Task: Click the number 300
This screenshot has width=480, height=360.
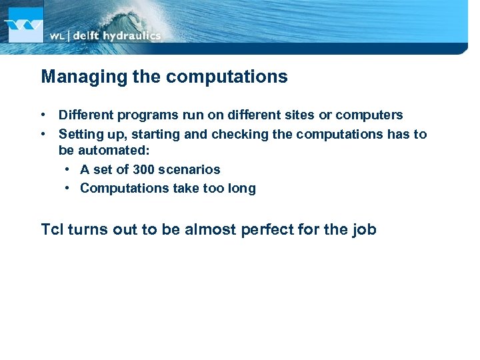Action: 145,170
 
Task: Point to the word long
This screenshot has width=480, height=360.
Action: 241,189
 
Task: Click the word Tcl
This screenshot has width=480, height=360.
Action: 52,230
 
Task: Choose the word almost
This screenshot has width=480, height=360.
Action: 207,230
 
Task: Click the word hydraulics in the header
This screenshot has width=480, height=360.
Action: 131,35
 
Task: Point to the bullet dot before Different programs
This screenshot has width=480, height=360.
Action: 44,115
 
